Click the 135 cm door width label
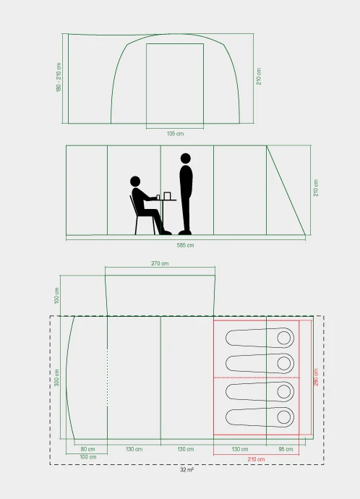point(176,134)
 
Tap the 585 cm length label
point(185,245)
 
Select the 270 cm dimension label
point(160,263)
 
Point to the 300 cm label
point(57,378)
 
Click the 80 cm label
point(87,449)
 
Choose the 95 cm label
point(286,449)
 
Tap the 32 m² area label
point(187,469)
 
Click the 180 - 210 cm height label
point(59,77)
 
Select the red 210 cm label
point(256,459)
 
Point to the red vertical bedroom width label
point(316,377)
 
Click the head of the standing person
point(185,158)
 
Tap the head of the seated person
point(135,181)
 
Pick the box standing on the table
point(167,196)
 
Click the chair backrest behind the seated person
point(132,205)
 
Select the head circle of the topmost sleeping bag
point(283,338)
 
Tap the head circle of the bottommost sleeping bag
point(283,417)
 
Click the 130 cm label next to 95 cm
point(240,449)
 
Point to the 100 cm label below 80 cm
point(88,457)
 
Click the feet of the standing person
point(185,233)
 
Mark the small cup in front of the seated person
point(158,197)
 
